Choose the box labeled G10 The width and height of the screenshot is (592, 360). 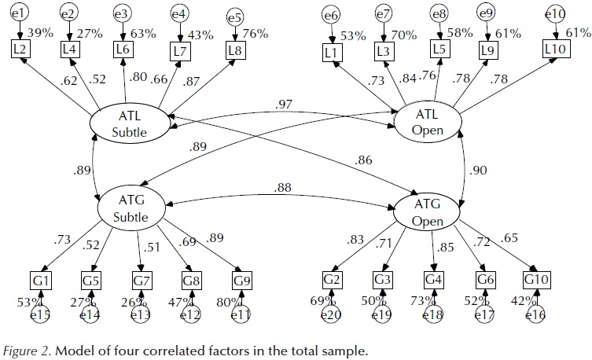tap(537, 279)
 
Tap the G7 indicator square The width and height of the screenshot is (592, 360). tap(142, 279)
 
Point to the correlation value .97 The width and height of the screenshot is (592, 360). tap(285, 105)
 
